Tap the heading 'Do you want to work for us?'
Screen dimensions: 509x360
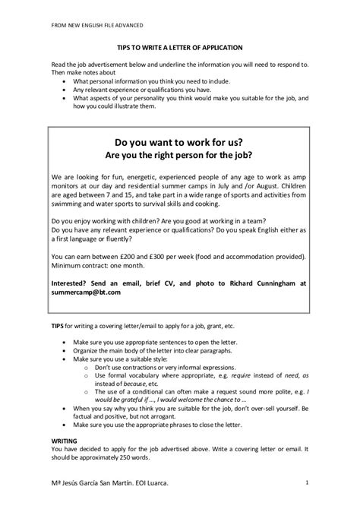point(179,142)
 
